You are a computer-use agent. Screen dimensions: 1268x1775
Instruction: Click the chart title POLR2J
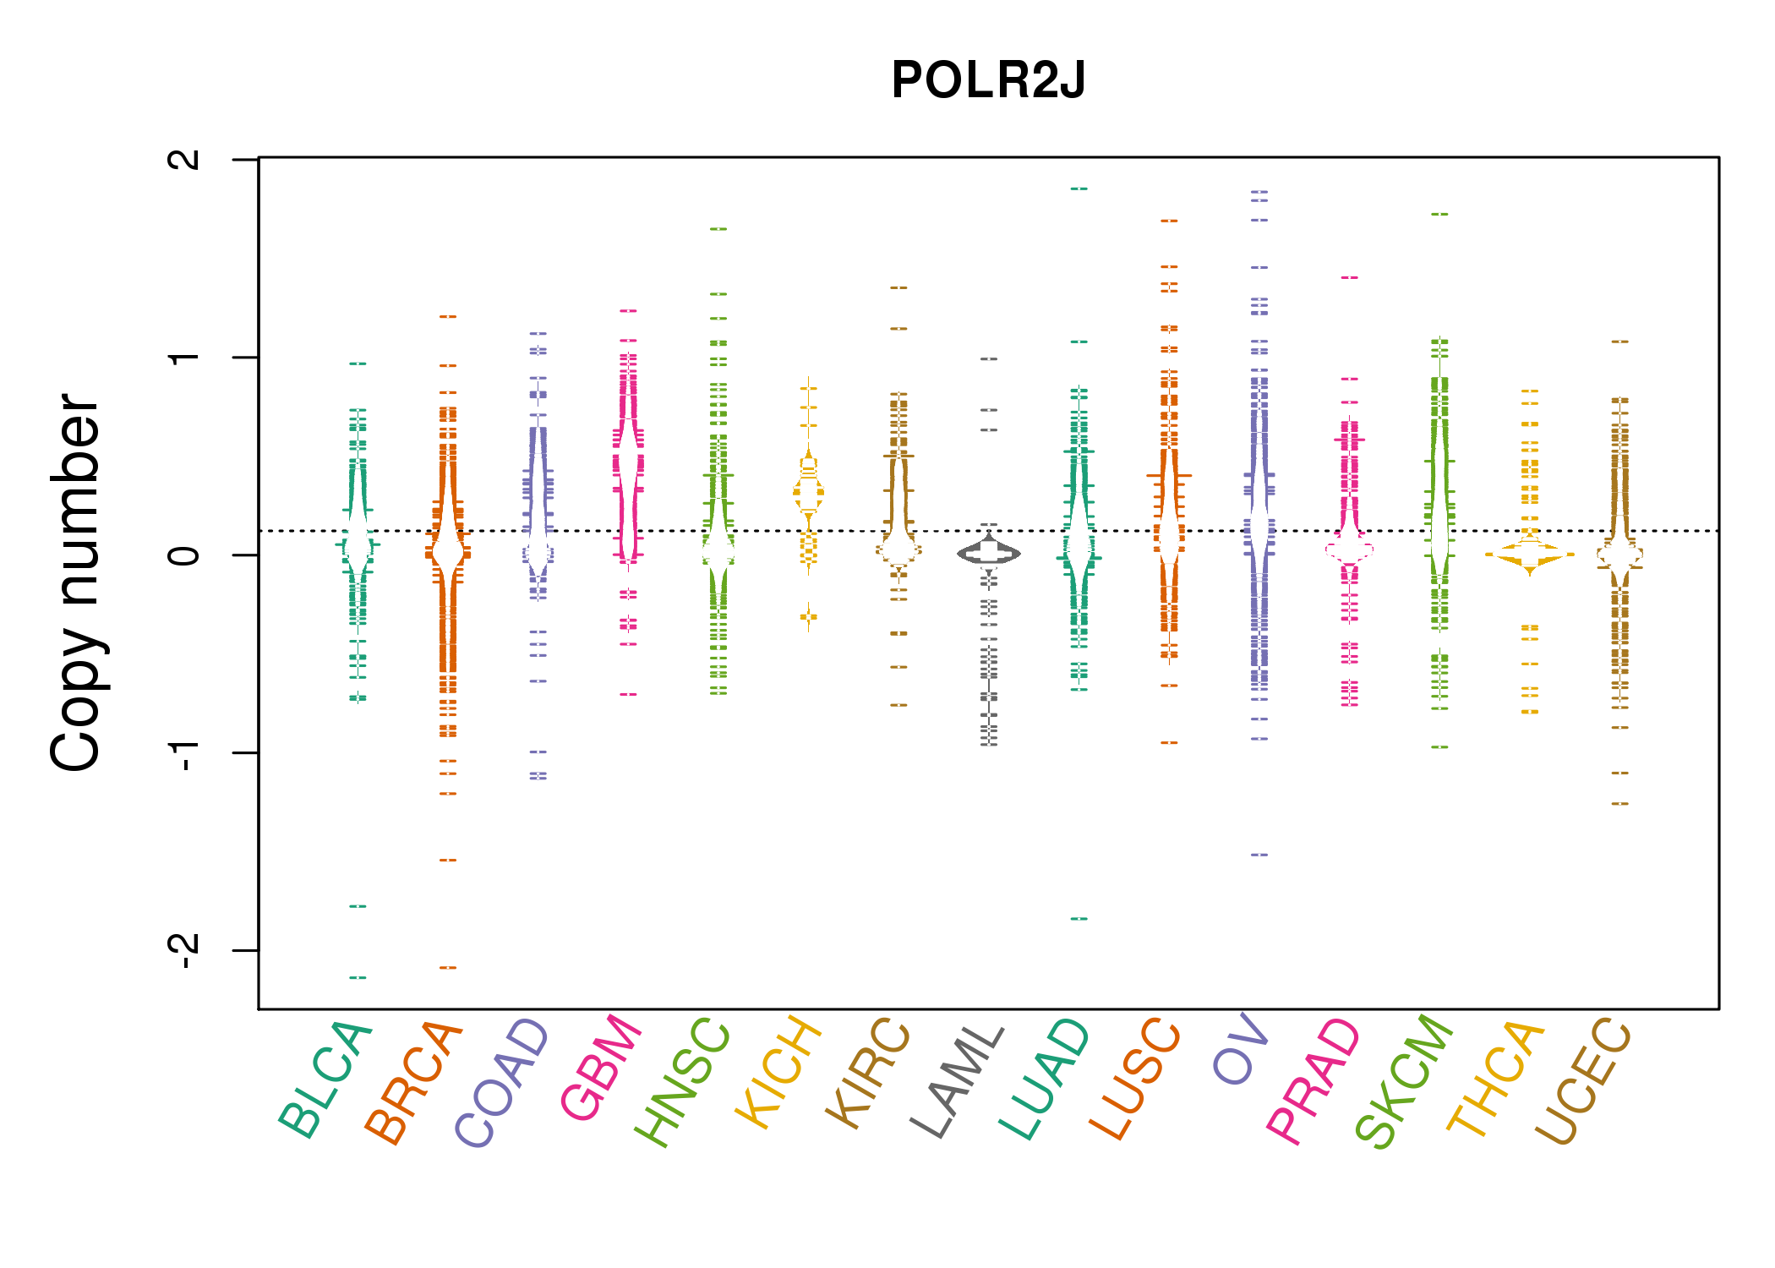pyautogui.click(x=987, y=80)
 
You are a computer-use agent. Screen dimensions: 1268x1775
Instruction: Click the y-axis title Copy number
pyautogui.click(x=76, y=583)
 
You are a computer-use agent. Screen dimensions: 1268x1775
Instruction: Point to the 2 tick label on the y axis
pyautogui.click(x=184, y=159)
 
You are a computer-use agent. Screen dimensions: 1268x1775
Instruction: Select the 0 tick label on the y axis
pyautogui.click(x=184, y=555)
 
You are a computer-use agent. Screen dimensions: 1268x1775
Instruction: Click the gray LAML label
pyautogui.click(x=958, y=1081)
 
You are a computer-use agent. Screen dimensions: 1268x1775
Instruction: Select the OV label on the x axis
pyautogui.click(x=1241, y=1048)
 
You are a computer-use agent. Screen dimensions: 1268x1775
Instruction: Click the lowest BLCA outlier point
pyautogui.click(x=358, y=977)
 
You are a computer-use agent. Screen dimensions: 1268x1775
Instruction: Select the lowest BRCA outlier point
pyautogui.click(x=448, y=967)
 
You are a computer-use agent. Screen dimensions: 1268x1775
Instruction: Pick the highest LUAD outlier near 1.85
pyautogui.click(x=1079, y=189)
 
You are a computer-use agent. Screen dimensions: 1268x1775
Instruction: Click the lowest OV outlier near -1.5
pyautogui.click(x=1259, y=855)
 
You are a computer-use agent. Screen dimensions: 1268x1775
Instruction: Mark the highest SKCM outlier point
pyautogui.click(x=1439, y=214)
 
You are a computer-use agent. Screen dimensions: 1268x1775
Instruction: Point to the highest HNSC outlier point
pyautogui.click(x=718, y=228)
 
